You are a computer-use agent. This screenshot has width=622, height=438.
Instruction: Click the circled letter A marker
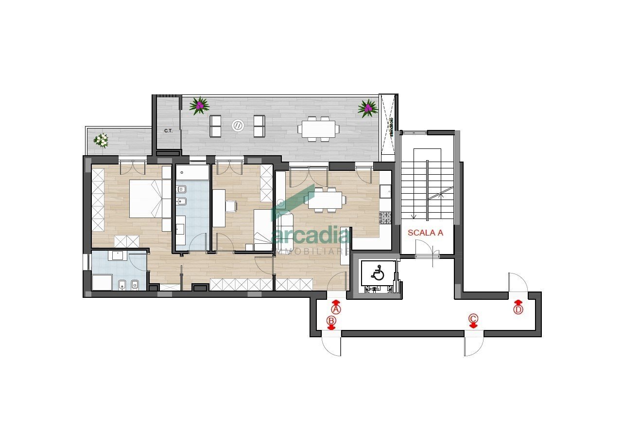coord(336,309)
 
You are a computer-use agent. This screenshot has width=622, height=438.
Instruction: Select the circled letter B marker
coord(331,321)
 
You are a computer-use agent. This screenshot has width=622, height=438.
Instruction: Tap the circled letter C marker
coord(473,319)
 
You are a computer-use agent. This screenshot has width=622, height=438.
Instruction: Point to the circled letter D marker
coord(518,309)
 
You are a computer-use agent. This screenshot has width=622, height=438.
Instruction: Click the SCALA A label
coord(425,233)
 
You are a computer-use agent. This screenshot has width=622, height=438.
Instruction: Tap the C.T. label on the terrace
coord(168,131)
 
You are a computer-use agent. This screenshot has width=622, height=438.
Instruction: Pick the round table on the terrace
coord(238,125)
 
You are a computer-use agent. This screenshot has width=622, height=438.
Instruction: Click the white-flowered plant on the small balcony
coord(101,140)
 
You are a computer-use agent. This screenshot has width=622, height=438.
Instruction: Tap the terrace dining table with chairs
coord(319,129)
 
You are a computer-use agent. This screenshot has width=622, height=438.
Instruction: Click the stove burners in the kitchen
coord(385,218)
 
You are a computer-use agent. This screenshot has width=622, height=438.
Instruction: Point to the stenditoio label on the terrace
coord(390,128)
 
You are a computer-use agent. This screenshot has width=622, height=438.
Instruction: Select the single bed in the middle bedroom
coord(263,230)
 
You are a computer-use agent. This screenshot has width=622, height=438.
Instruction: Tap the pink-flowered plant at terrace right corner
coord(367,108)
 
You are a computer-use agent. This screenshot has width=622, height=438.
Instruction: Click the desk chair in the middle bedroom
coord(231,206)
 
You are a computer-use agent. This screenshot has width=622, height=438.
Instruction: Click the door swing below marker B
coord(331,346)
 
